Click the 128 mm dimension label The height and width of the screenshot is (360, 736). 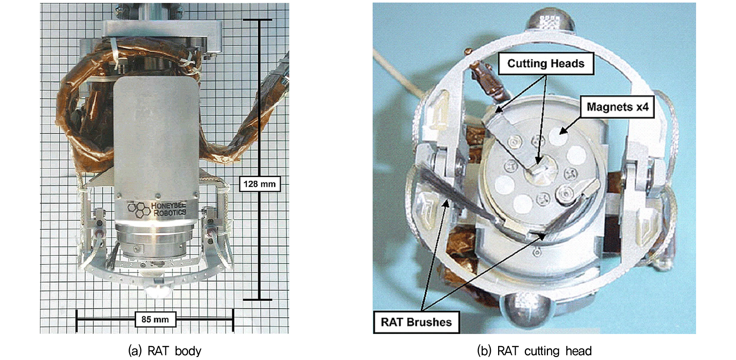(x=260, y=184)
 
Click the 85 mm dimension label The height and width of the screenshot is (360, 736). (x=155, y=319)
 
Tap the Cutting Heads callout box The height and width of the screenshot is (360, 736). (x=546, y=64)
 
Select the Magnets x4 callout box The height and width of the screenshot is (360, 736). (x=618, y=107)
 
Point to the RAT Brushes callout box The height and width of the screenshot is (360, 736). (x=416, y=322)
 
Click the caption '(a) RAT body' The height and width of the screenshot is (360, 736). (x=165, y=351)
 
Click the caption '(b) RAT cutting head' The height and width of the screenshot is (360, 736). (x=534, y=351)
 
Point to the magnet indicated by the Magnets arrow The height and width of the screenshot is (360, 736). (x=558, y=137)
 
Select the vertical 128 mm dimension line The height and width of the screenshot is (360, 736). (x=260, y=160)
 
